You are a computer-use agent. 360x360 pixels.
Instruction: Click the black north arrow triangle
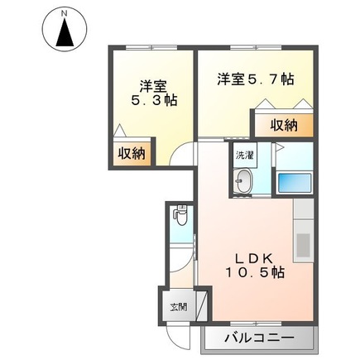65,35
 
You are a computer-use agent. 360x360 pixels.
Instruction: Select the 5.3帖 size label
154,100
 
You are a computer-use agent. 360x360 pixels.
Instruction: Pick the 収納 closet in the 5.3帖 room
132,153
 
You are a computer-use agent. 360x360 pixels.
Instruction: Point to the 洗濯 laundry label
245,155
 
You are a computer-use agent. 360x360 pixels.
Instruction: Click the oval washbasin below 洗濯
245,182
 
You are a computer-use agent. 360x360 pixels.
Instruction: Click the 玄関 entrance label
179,306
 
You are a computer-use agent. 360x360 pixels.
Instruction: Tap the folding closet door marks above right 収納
283,106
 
